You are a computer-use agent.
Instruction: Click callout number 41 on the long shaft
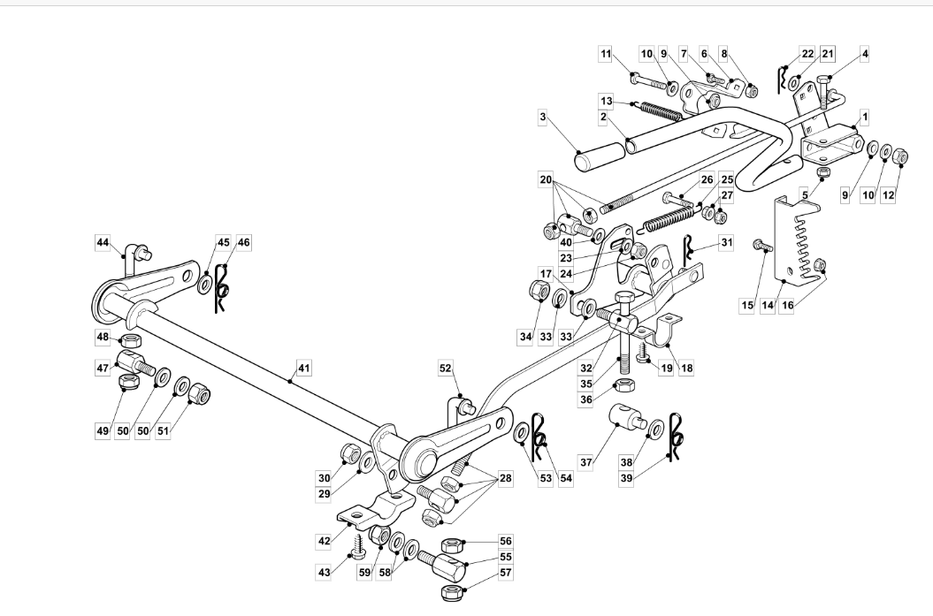click(x=303, y=369)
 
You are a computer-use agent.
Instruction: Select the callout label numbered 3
click(x=542, y=117)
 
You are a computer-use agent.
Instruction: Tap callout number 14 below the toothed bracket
click(x=768, y=306)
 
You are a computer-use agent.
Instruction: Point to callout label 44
click(x=103, y=242)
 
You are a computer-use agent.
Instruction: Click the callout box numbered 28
click(x=505, y=478)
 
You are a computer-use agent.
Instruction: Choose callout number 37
click(x=586, y=462)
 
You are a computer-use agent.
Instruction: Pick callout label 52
click(x=446, y=369)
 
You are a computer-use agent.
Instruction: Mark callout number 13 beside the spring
click(x=606, y=101)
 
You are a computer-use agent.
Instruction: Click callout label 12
click(x=887, y=194)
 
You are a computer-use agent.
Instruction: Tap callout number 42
click(x=324, y=541)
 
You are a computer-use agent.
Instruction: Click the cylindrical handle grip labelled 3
click(x=600, y=153)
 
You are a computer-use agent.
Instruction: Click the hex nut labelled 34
click(x=539, y=291)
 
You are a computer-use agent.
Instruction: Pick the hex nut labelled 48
click(x=131, y=341)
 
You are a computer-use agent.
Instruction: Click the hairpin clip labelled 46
click(x=223, y=288)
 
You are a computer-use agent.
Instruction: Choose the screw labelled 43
click(x=356, y=546)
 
